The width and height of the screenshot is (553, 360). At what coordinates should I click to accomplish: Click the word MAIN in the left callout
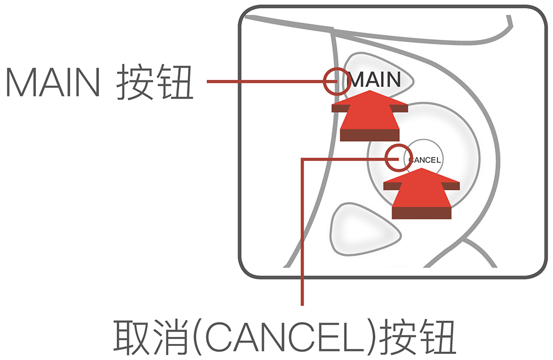(x=53, y=83)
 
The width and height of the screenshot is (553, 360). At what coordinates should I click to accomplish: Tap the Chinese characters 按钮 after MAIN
(x=155, y=83)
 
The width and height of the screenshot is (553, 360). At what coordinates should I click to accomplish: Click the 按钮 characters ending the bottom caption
(x=418, y=336)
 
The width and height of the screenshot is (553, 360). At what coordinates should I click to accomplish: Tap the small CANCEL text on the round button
(x=425, y=160)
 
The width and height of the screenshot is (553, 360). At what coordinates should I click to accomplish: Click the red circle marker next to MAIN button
(x=336, y=81)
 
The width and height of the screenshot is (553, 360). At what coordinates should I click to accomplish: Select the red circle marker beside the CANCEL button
(x=398, y=158)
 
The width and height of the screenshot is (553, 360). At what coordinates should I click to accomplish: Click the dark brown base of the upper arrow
(x=369, y=135)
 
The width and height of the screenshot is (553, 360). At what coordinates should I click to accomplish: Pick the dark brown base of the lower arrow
(x=422, y=211)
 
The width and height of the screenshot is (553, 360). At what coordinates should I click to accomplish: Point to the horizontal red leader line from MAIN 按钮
(x=265, y=82)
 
